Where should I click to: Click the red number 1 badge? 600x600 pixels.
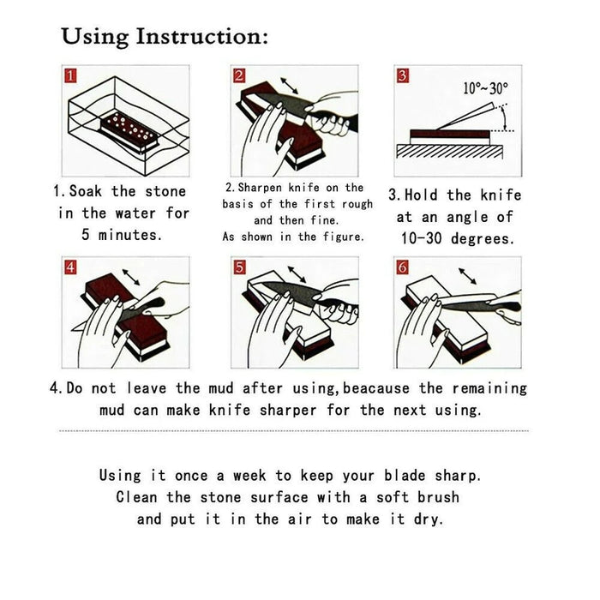(x=70, y=75)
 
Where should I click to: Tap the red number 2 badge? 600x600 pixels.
(x=239, y=75)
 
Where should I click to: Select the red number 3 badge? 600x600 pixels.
(x=402, y=75)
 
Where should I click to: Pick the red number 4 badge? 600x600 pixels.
(x=70, y=267)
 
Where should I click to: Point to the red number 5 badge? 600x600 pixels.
(x=239, y=267)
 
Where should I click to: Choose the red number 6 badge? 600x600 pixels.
(x=402, y=267)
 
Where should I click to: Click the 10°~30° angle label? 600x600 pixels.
(x=486, y=89)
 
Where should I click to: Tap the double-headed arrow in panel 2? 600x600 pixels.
(x=290, y=86)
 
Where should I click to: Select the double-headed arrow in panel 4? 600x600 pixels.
(x=131, y=277)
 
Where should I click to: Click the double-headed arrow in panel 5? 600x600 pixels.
(x=297, y=274)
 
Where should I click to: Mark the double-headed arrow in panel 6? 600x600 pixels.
(x=468, y=276)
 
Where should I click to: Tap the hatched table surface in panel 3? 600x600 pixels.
(x=450, y=152)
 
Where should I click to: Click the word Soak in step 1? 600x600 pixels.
(x=86, y=191)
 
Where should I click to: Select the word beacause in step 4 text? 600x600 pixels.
(x=375, y=388)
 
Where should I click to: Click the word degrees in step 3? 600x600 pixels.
(x=482, y=239)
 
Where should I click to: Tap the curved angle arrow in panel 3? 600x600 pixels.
(x=505, y=118)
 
